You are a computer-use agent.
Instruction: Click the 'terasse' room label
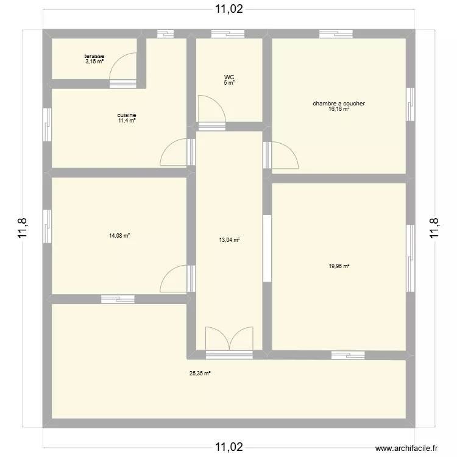click(x=94, y=56)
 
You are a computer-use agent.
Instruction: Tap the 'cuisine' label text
click(x=127, y=115)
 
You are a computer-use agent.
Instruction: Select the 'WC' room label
click(x=228, y=77)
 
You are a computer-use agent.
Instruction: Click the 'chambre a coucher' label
click(x=339, y=104)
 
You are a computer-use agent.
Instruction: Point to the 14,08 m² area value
click(x=119, y=236)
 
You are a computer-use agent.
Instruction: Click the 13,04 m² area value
click(x=229, y=240)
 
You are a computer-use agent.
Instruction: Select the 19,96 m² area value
click(x=339, y=266)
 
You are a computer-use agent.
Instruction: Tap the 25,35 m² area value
click(x=200, y=374)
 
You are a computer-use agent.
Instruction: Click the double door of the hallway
click(x=229, y=339)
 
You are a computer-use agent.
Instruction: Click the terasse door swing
click(x=123, y=68)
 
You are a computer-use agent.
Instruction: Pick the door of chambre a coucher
click(x=284, y=155)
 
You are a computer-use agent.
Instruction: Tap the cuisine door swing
click(x=174, y=152)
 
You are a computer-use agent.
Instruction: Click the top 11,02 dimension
click(x=228, y=9)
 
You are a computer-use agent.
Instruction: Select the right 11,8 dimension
click(x=434, y=229)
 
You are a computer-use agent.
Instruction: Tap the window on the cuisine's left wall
click(x=47, y=125)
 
